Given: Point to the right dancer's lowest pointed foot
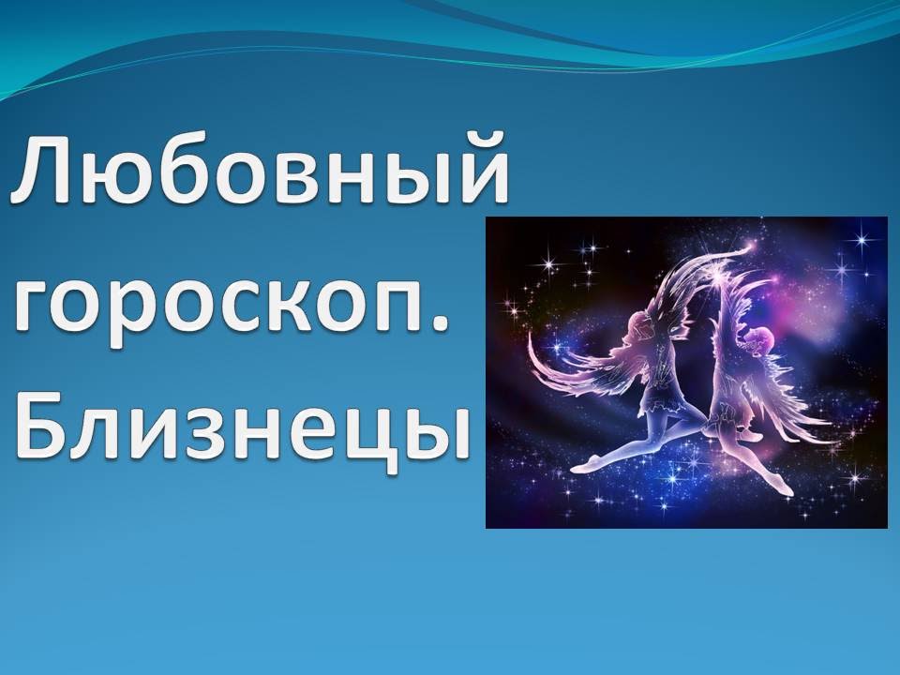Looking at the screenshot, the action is coord(784,487).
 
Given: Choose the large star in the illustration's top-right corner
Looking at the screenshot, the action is coord(861,240).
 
